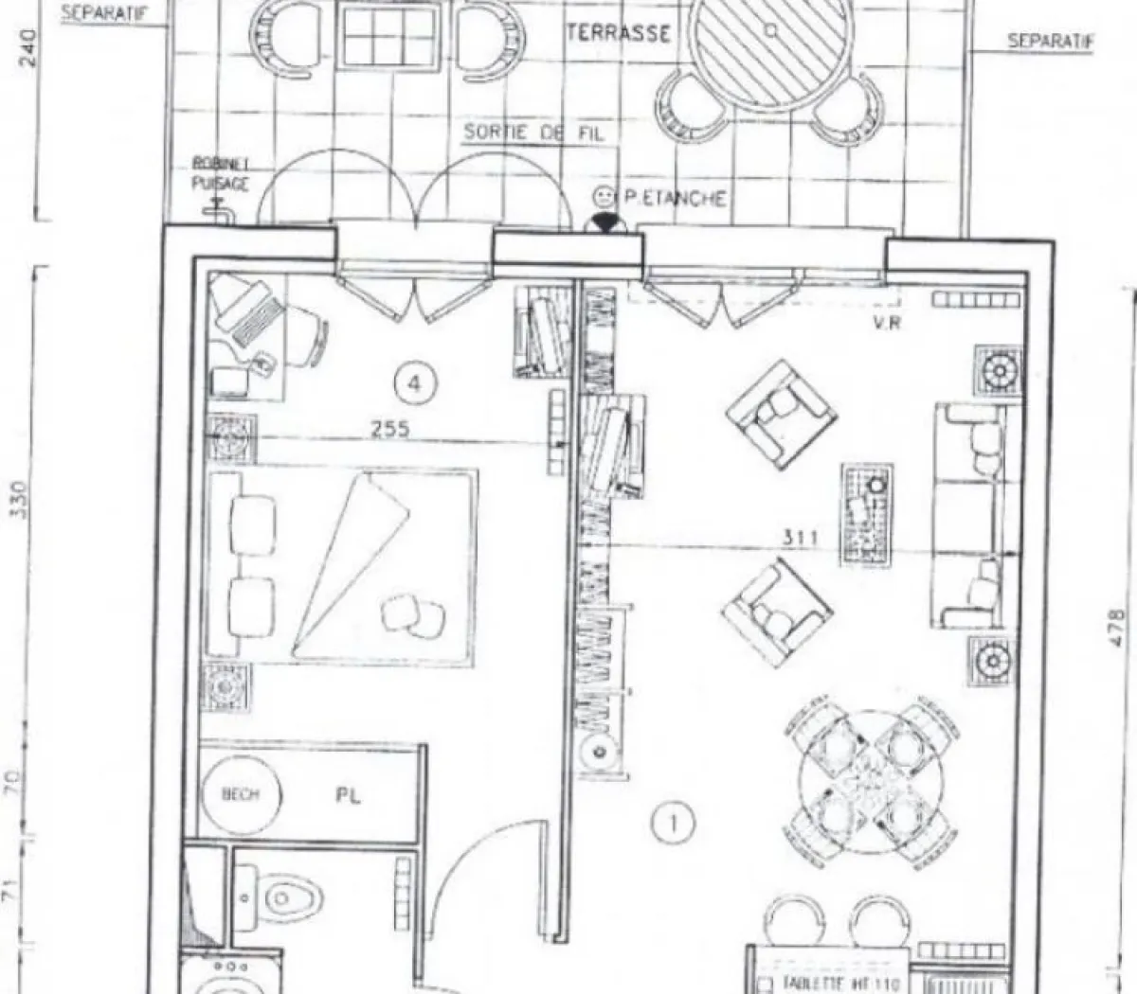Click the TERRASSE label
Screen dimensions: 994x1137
coord(618,33)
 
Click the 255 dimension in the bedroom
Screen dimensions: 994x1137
coord(389,429)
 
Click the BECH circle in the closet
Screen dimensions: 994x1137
coord(241,794)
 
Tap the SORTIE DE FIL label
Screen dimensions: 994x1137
coord(532,133)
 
